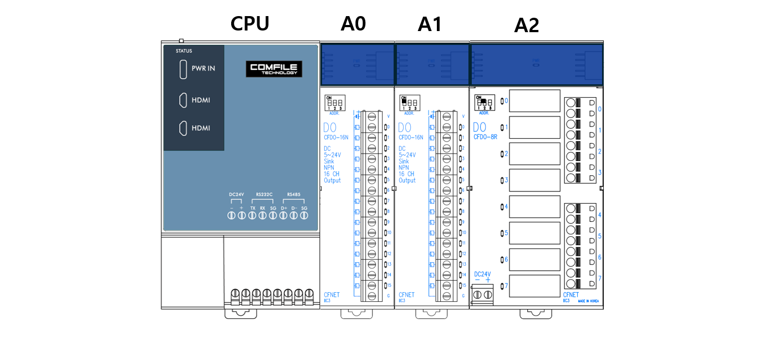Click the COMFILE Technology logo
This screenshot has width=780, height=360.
tap(274, 69)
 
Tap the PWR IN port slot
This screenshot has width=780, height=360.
tap(183, 69)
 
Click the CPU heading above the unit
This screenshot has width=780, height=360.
tap(250, 24)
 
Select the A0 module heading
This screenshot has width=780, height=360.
tap(354, 24)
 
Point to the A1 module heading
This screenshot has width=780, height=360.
tap(430, 24)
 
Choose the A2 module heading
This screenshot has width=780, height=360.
tap(527, 26)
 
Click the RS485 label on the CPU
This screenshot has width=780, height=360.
tap(293, 195)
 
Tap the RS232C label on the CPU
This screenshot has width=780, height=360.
tap(264, 195)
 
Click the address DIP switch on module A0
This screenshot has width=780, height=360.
tap(335, 103)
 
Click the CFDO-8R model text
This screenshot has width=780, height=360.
tap(486, 136)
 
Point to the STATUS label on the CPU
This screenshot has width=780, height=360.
tap(183, 51)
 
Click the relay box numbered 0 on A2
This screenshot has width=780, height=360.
tap(534, 101)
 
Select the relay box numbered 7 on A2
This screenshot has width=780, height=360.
tap(534, 286)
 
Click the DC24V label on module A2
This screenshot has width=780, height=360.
tap(482, 275)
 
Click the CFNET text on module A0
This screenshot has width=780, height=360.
tap(332, 295)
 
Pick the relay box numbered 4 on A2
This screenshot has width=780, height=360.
tap(534, 206)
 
